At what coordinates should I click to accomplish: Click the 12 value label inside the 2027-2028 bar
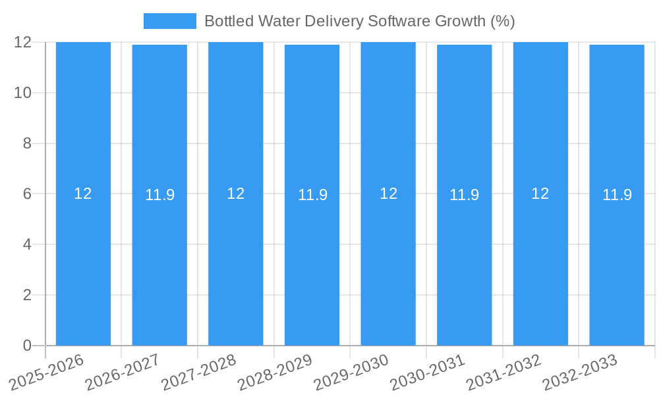[235, 194]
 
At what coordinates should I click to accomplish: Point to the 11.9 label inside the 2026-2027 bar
[159, 195]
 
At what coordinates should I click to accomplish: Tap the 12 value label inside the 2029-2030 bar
[388, 194]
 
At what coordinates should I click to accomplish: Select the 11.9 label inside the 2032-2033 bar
[617, 195]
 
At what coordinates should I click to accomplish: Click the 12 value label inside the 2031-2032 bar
[540, 194]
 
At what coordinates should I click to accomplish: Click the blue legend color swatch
[170, 21]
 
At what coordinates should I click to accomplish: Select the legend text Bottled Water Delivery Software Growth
[359, 21]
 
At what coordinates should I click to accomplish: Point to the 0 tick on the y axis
[27, 346]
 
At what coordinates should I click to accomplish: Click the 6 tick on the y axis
[27, 194]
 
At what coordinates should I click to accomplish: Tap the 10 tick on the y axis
[23, 93]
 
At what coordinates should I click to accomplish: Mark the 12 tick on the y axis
[23, 42]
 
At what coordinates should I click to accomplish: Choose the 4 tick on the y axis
[27, 244]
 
